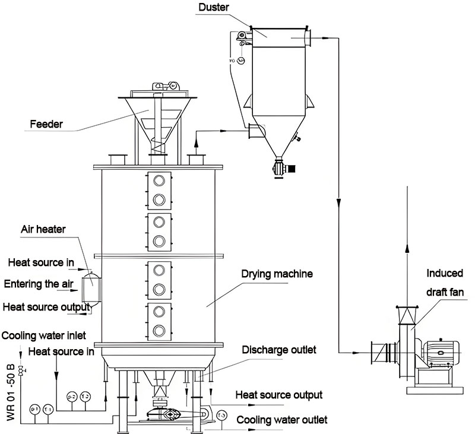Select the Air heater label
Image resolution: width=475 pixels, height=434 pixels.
[43, 229]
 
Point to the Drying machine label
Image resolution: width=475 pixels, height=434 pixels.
[277, 274]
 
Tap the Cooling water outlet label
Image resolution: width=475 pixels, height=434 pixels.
[282, 420]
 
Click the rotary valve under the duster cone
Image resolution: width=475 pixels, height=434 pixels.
[280, 167]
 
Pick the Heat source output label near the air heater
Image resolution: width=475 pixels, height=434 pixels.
[46, 307]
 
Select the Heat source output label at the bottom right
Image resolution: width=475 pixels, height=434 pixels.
[279, 395]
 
